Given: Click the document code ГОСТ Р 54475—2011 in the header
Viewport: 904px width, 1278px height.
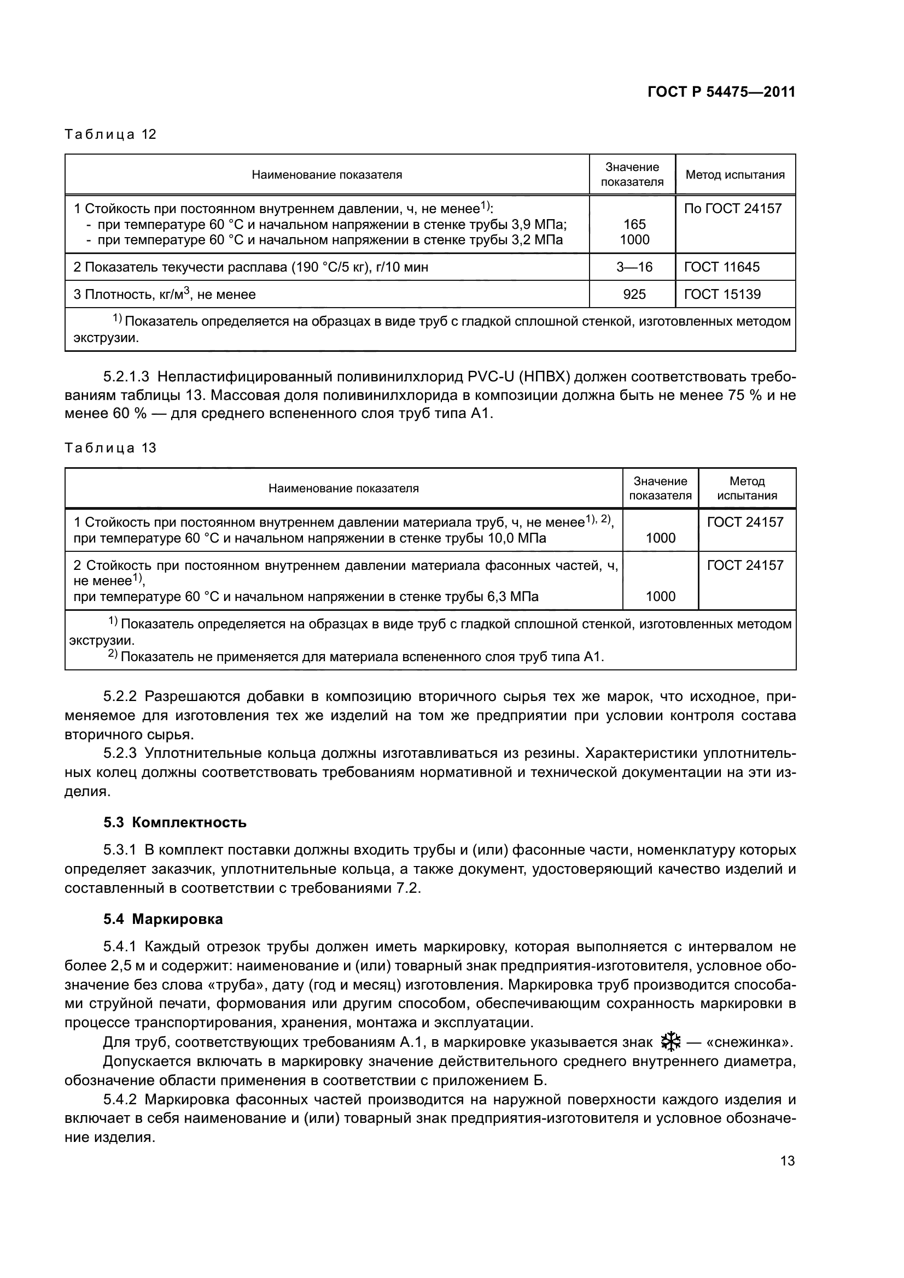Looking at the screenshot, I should tap(721, 92).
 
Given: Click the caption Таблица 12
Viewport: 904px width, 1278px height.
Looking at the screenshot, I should tap(110, 134).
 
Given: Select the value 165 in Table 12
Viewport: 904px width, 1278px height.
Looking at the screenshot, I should tap(634, 225).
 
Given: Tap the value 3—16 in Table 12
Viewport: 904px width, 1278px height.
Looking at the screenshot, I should tap(634, 267).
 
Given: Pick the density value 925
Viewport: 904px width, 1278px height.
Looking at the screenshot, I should tap(634, 295).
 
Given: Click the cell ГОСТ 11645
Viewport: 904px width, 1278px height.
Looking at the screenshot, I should tap(721, 267).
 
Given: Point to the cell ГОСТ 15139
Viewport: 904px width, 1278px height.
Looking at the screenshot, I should tap(722, 295).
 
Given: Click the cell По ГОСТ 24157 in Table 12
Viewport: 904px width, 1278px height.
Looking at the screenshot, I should tap(732, 209).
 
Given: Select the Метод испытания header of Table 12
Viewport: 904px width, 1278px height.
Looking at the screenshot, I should tap(734, 175).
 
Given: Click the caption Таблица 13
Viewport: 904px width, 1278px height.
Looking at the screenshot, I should tap(110, 448).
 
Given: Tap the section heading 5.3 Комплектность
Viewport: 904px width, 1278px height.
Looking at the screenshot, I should tap(175, 823).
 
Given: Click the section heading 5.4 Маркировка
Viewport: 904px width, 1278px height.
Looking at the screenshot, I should tap(162, 920).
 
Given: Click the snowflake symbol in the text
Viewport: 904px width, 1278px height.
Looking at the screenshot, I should tap(670, 1041).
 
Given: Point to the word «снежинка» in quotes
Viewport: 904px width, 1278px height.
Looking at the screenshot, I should tap(749, 1042).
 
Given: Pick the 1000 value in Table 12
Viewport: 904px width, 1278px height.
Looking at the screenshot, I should tap(634, 240).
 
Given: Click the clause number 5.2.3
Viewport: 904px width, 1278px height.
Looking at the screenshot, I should tap(120, 753).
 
